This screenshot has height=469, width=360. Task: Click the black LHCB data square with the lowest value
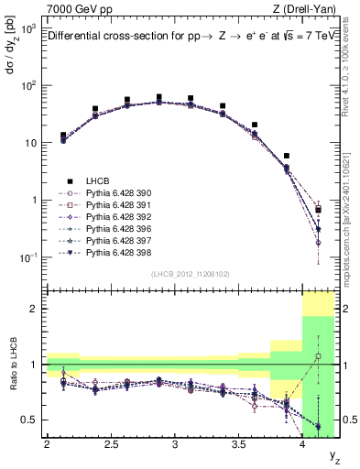318,210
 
